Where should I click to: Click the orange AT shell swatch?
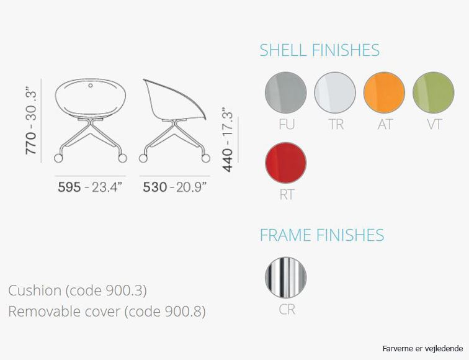384,92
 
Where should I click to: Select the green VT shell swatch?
434,92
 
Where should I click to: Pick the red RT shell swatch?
285,163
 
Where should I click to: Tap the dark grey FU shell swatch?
285,92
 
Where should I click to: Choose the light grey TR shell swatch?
335,92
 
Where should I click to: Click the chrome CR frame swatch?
285,277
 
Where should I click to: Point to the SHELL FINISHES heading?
319,50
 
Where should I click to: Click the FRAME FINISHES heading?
322,235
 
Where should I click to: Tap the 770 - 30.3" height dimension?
31,120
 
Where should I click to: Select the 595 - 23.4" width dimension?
90,187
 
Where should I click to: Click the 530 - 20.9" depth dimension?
175,187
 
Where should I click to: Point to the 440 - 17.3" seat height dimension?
228,140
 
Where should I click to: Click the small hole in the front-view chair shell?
91,86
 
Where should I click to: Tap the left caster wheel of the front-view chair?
58,158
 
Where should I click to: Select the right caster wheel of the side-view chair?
206,158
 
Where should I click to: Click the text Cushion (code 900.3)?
78,290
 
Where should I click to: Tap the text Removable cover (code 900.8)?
107,312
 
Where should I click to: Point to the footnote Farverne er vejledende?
422,349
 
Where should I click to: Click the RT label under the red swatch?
287,194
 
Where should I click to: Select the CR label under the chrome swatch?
287,310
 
